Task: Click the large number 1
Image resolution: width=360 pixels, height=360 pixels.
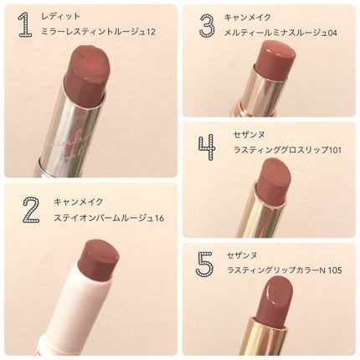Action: click(x=26, y=25)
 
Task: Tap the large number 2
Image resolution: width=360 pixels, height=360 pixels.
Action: click(x=31, y=209)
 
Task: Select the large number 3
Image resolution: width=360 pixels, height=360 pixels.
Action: click(x=208, y=24)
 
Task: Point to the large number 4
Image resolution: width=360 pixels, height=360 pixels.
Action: click(x=207, y=147)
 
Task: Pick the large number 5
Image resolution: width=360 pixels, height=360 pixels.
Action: click(x=204, y=264)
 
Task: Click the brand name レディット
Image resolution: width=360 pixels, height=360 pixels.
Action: click(x=60, y=16)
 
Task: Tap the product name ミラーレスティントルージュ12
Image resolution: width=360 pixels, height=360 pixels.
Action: click(x=98, y=32)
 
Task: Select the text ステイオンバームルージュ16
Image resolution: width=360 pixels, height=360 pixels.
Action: click(x=109, y=218)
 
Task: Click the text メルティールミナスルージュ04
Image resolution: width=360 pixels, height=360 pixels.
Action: click(x=280, y=33)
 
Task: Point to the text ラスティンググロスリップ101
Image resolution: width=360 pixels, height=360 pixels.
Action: click(x=287, y=150)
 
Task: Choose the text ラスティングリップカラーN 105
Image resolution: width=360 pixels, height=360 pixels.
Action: click(x=285, y=270)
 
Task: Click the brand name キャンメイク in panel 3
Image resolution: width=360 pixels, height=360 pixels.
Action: click(x=248, y=18)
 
